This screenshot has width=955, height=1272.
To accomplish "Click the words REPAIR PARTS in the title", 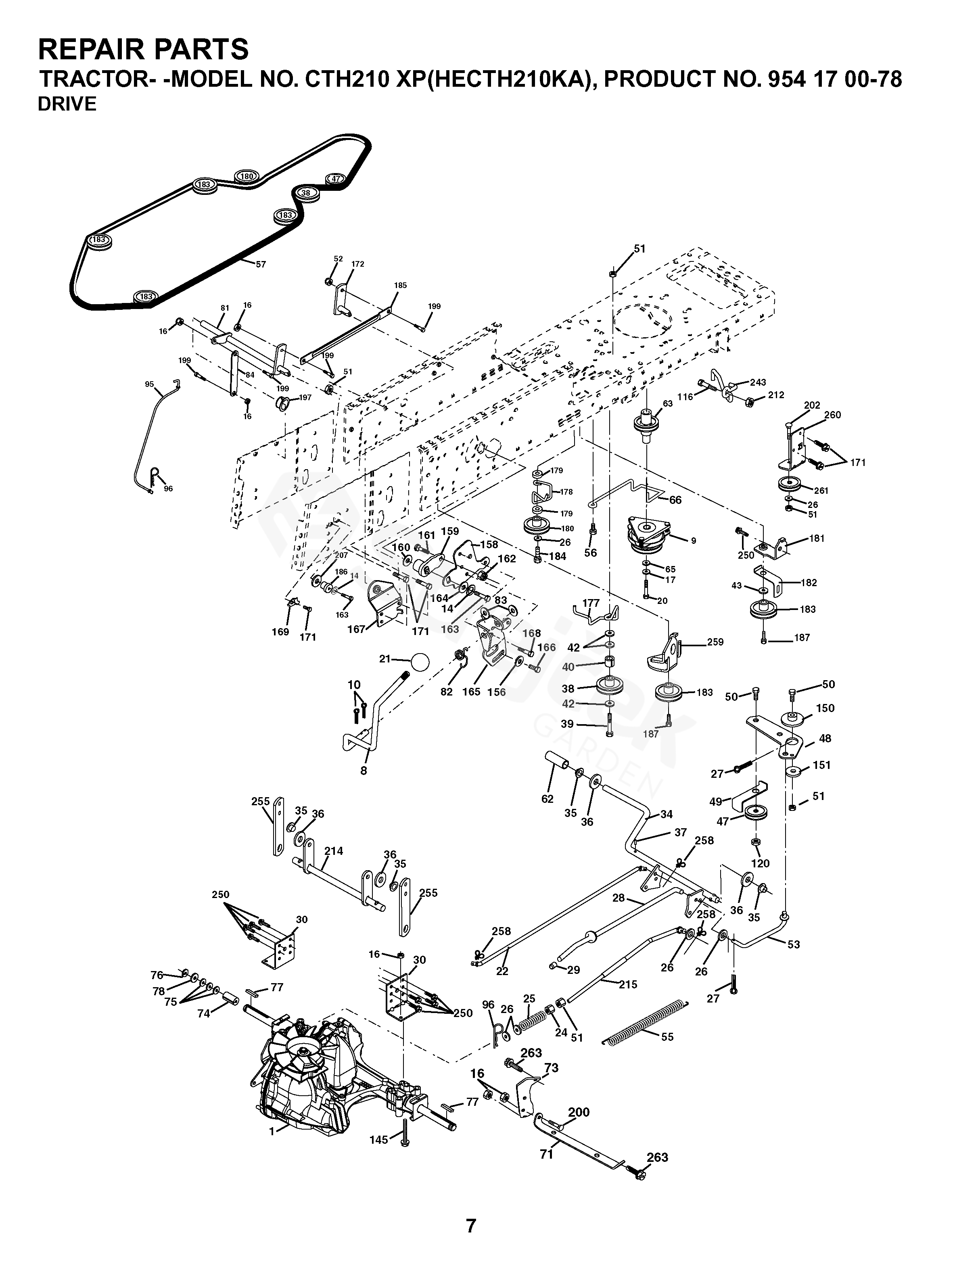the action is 144,50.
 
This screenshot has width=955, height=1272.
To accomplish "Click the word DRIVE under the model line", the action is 67,104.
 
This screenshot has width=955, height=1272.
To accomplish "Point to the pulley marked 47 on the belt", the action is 335,179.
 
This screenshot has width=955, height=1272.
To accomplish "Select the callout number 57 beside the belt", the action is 261,265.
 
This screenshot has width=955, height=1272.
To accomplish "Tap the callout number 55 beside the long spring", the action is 667,1037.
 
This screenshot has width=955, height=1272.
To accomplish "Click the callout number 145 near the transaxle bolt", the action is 379,1140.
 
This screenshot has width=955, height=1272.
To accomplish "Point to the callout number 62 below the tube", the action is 548,799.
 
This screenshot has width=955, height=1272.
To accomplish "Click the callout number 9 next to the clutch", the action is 694,541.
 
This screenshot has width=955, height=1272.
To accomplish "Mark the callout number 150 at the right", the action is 825,708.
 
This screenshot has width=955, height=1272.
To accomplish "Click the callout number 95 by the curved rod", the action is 150,384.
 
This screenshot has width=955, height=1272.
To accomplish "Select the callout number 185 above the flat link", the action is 400,285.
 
